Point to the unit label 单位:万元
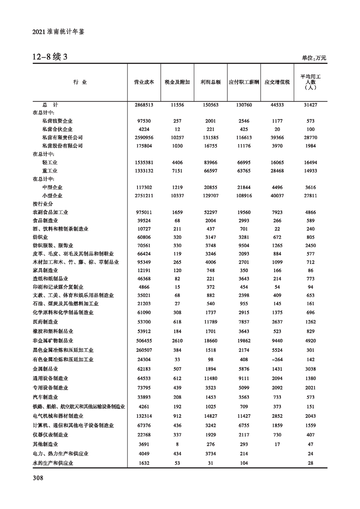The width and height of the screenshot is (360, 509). (314, 58)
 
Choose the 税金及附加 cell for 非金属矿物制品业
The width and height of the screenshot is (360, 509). (177, 340)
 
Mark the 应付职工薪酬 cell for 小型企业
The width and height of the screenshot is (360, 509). (244, 196)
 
